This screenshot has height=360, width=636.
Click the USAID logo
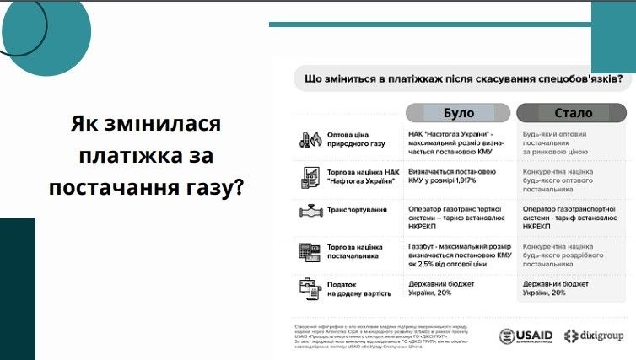526,335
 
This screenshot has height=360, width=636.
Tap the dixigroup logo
594,335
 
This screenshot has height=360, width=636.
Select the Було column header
458,113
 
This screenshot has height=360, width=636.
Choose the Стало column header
573,113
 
